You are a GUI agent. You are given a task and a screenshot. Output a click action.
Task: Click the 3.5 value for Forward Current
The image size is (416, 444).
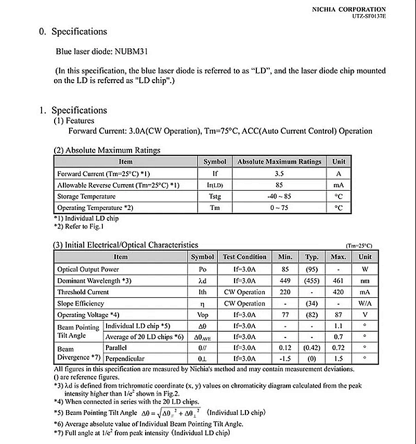279,174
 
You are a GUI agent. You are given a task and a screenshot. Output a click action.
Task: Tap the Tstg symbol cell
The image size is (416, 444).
215,197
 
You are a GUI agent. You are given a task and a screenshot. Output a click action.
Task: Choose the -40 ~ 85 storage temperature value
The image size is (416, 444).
279,197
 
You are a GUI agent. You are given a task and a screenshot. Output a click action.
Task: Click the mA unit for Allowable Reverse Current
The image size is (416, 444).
339,185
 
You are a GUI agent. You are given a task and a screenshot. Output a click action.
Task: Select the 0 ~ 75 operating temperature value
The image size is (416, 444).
279,208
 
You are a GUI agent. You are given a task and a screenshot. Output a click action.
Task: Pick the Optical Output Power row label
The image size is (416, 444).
88,269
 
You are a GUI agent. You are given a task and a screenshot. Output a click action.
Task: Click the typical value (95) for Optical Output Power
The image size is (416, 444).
311,269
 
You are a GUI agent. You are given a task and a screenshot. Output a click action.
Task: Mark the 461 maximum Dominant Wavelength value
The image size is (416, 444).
339,281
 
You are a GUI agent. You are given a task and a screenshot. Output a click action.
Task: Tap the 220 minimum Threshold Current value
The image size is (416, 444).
285,292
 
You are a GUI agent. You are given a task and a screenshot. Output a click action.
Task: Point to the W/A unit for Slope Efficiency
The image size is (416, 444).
365,304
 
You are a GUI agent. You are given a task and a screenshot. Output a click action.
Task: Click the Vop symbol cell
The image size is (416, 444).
202,315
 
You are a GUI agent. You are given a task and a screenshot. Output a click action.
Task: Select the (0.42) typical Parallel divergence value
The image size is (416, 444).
311,347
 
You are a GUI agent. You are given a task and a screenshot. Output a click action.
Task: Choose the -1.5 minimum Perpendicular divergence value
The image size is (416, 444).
285,359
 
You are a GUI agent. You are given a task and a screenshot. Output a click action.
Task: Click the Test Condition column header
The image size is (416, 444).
244,257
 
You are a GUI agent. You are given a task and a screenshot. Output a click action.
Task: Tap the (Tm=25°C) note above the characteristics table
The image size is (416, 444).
359,245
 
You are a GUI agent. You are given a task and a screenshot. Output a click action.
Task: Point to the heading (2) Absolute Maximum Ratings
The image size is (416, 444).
107,150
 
